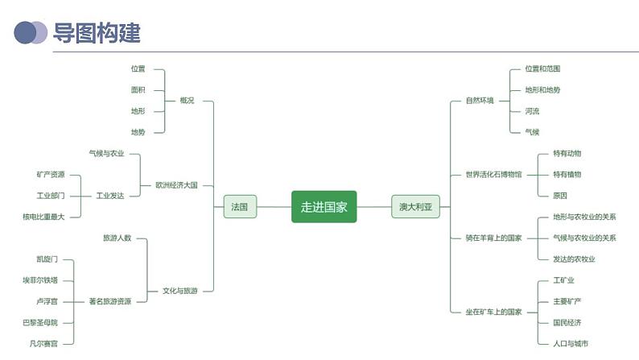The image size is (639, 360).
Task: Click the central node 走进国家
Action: [324, 207]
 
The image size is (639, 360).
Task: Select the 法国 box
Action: [239, 207]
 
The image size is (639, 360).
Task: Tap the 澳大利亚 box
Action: [415, 207]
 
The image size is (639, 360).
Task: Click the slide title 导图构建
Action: [97, 33]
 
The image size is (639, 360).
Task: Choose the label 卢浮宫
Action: [47, 301]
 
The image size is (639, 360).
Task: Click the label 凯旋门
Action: [47, 259]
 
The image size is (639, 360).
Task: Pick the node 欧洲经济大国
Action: [176, 185]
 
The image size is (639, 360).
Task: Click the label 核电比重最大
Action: [43, 217]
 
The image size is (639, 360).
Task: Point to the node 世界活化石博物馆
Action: [493, 174]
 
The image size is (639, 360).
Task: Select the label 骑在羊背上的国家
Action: [493, 238]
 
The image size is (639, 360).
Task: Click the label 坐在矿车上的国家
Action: [493, 312]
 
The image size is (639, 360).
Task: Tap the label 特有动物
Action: [567, 153]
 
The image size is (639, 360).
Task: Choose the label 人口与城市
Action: [571, 344]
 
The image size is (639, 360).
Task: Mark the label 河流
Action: [532, 111]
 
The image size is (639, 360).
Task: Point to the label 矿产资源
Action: [50, 174]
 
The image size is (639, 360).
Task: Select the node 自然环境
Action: [480, 101]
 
